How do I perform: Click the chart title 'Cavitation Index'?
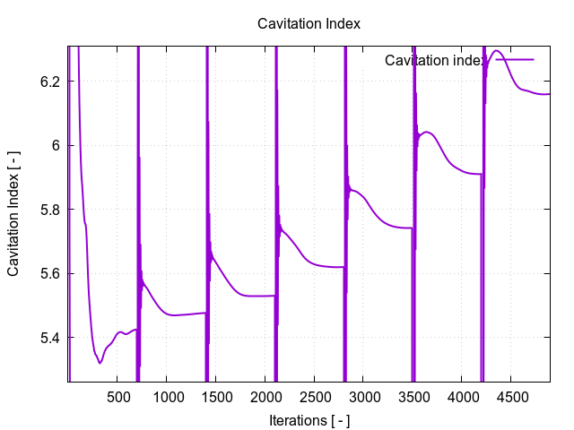coord(309,23)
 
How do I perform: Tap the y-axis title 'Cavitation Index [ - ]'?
coord(15,213)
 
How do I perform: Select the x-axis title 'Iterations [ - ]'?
coord(309,419)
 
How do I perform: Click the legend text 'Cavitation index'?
coord(436,60)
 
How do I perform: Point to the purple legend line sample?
coord(514,60)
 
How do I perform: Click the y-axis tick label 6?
coord(56,145)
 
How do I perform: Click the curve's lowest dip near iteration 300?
coord(100,363)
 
